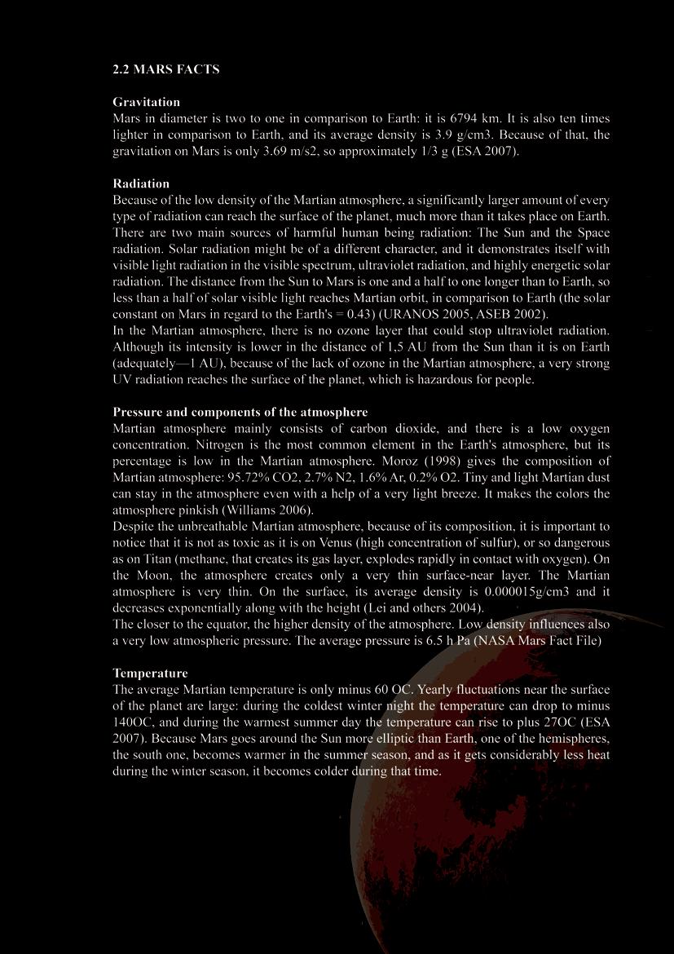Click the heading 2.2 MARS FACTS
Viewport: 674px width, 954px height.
[x=165, y=69]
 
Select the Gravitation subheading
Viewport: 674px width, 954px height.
[x=146, y=102]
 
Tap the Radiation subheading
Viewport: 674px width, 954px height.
[x=141, y=183]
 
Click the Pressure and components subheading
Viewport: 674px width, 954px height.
[x=240, y=412]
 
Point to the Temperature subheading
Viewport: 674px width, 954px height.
[x=150, y=673]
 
